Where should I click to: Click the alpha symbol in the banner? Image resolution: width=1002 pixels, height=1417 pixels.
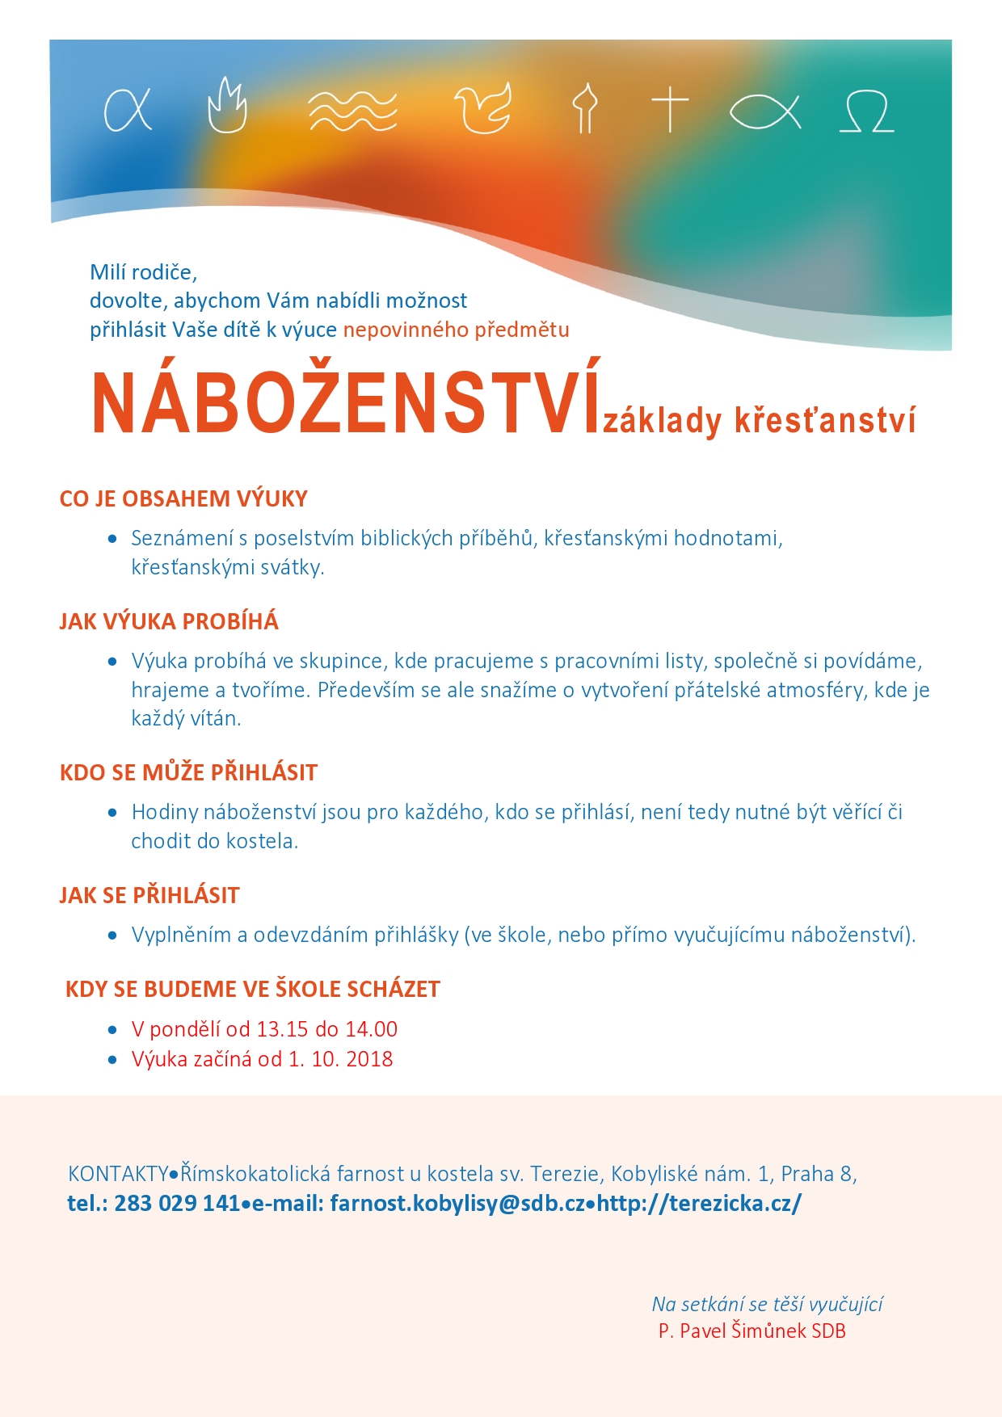(128, 109)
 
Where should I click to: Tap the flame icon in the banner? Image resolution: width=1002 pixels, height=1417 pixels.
(227, 106)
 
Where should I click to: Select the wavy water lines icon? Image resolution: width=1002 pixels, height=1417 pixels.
(353, 111)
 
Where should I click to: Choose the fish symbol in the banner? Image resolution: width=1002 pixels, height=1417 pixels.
(764, 111)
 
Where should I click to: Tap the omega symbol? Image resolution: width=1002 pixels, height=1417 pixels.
(866, 111)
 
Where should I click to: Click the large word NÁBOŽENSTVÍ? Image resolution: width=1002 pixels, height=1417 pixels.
(347, 404)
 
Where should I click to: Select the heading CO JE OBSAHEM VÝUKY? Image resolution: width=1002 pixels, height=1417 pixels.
(183, 499)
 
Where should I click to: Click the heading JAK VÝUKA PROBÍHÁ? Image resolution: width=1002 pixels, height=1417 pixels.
(169, 622)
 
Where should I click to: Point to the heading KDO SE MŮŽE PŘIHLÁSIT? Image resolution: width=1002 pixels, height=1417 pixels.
(188, 773)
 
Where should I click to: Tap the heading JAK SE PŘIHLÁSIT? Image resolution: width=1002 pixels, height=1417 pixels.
(149, 896)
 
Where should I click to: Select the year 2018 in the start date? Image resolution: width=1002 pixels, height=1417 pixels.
(368, 1059)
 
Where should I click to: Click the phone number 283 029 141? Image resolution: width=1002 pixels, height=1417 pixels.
(177, 1204)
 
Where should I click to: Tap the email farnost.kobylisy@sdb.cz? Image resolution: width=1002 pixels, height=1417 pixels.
(457, 1204)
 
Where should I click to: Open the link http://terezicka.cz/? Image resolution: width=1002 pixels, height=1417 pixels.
(699, 1204)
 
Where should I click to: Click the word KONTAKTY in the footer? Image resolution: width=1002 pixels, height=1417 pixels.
(118, 1174)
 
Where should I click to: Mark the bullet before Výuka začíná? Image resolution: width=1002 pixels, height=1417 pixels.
(113, 1060)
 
